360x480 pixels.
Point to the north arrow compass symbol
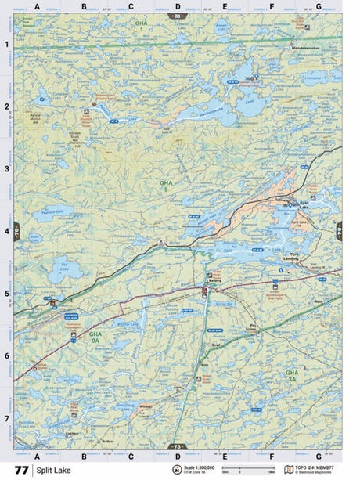click(177, 470)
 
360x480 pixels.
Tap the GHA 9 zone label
click(165, 185)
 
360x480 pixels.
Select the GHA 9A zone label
click(95, 337)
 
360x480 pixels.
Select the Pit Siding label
click(252, 327)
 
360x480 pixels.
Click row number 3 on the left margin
click(7, 168)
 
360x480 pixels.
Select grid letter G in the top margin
click(318, 6)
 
